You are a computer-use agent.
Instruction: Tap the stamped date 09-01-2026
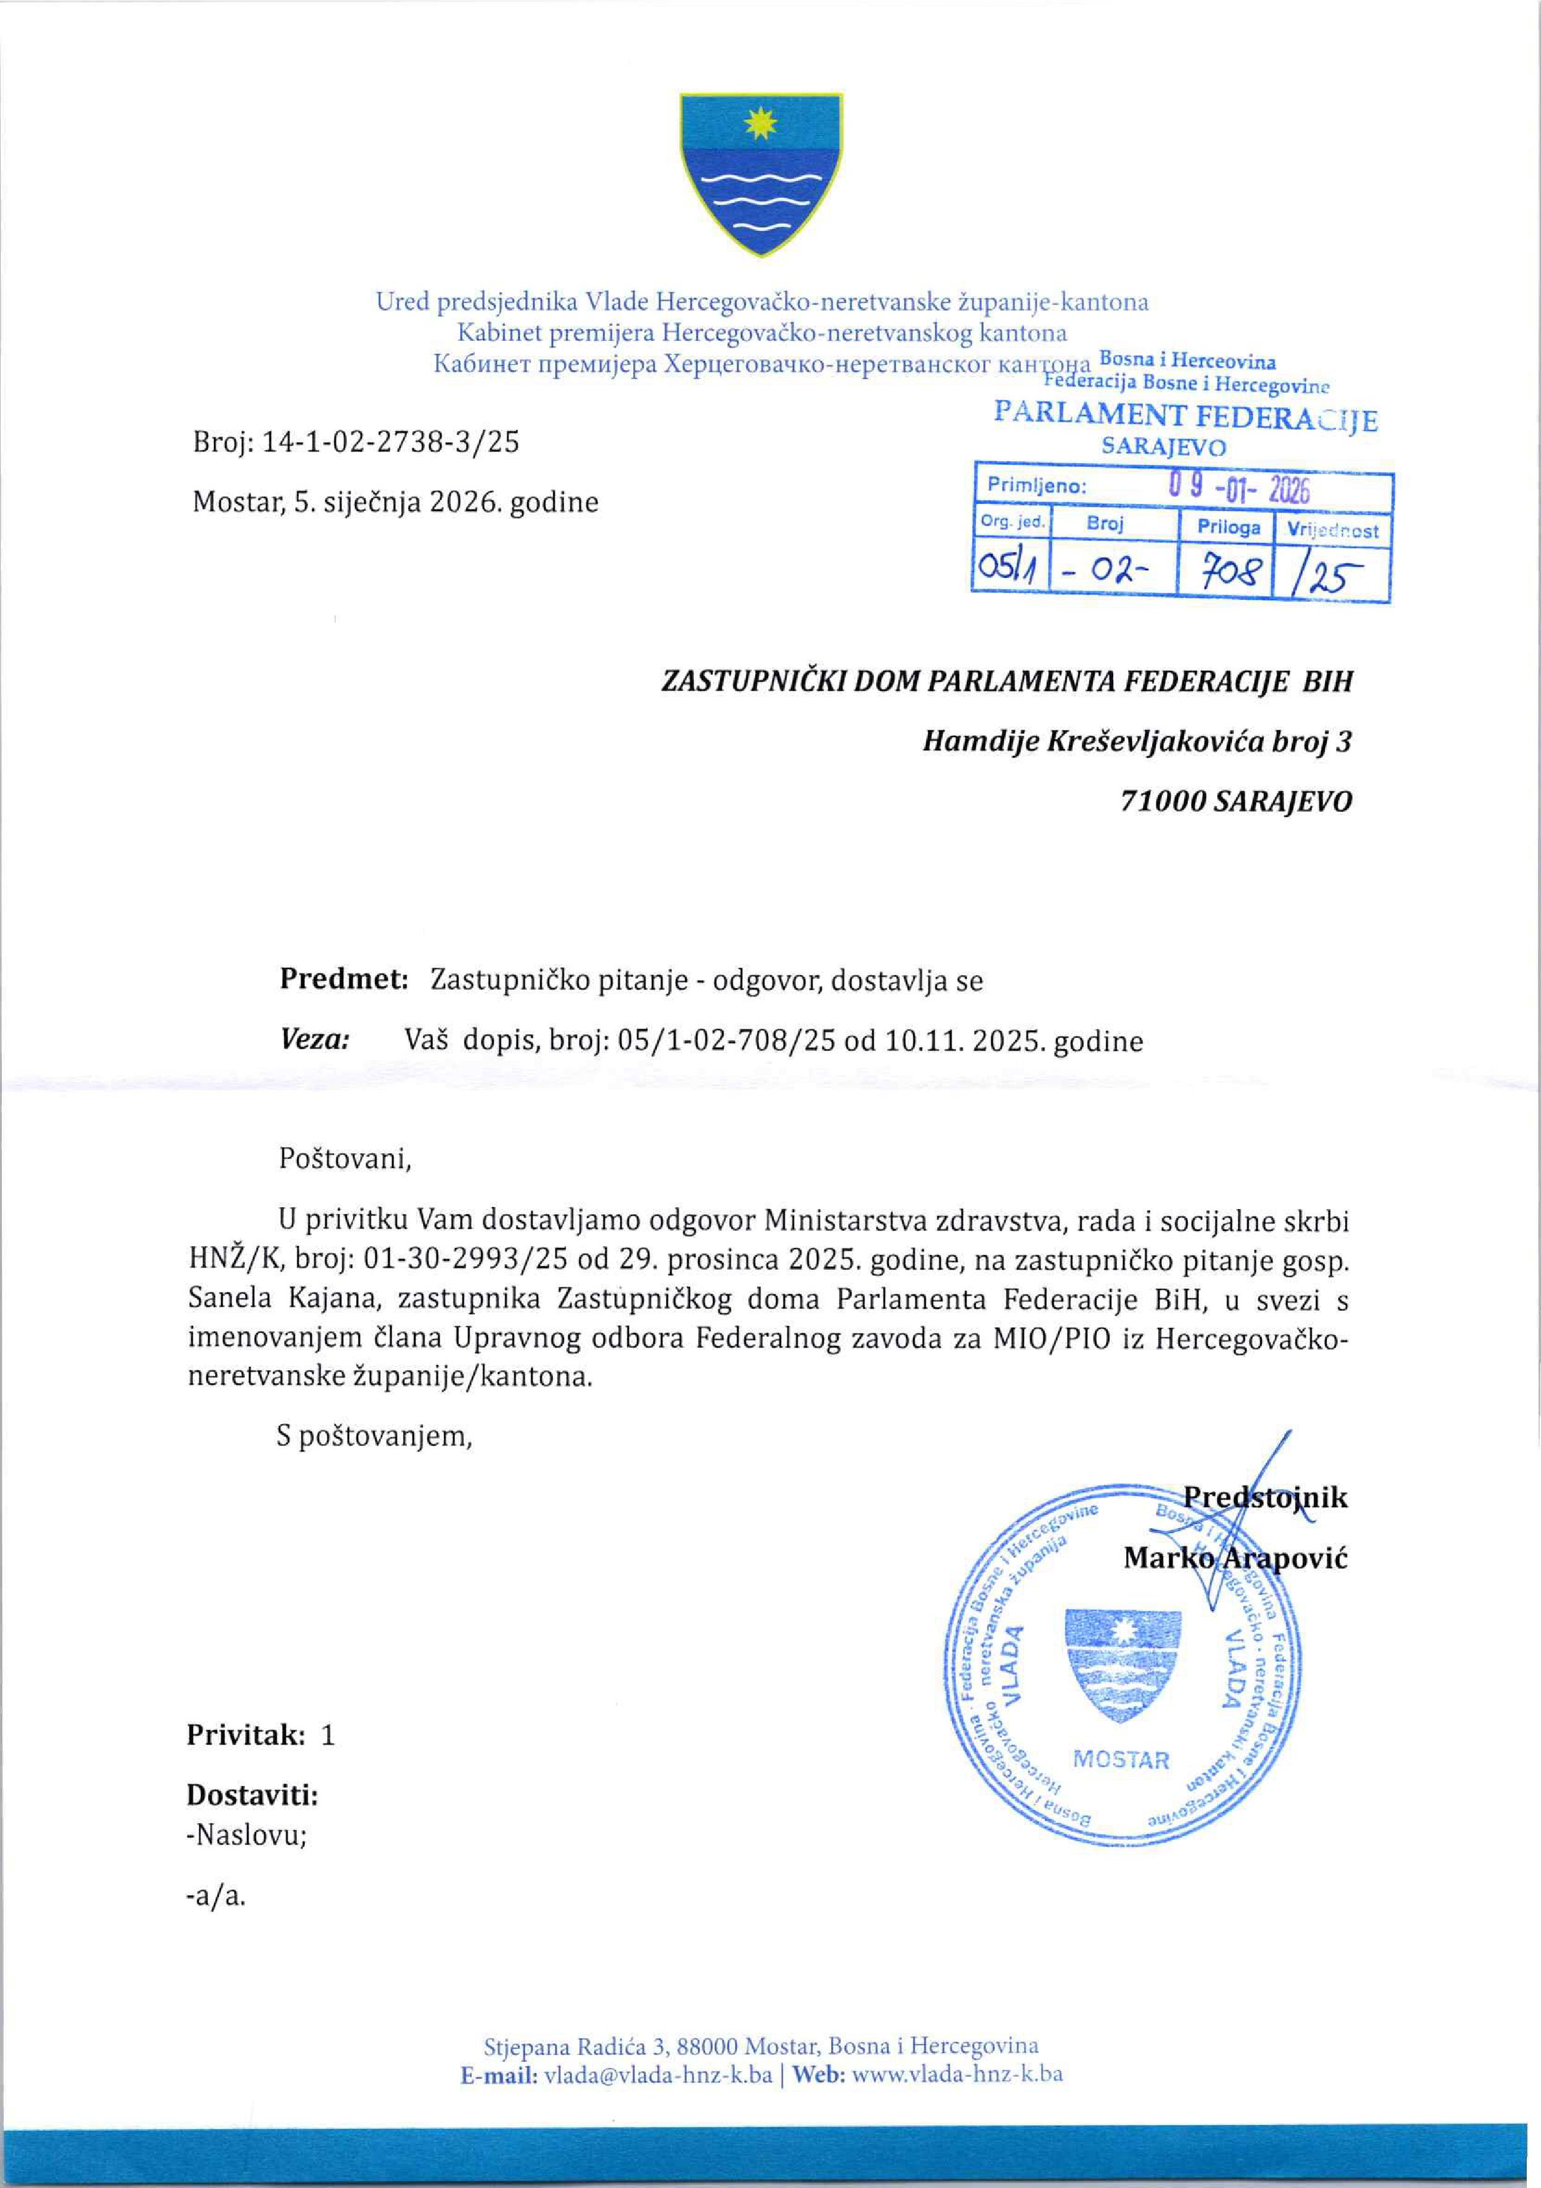coord(1239,491)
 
